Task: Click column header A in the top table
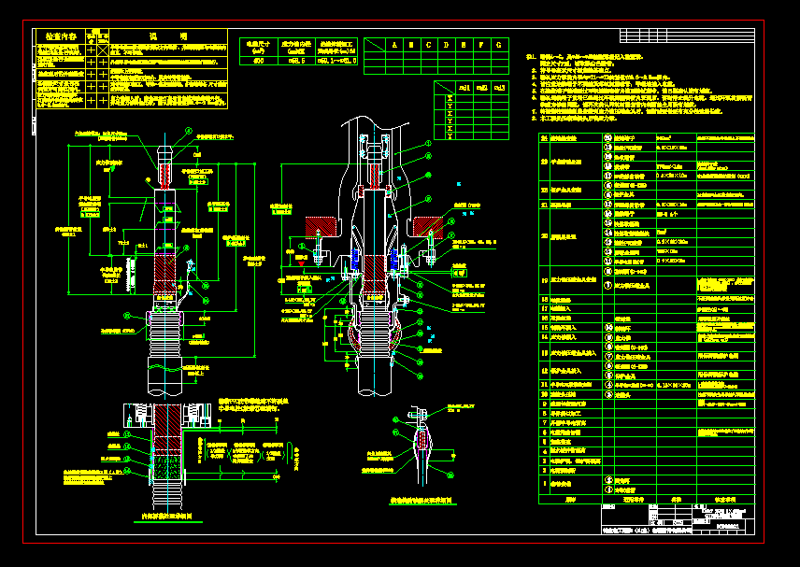(x=394, y=44)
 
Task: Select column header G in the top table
(x=498, y=44)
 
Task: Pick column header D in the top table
(x=447, y=44)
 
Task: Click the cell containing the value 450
(x=258, y=61)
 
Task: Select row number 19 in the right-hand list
(x=545, y=279)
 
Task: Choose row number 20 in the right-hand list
(x=545, y=236)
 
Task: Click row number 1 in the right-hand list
(x=545, y=484)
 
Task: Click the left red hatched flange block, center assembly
(x=326, y=224)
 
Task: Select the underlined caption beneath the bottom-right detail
(x=421, y=501)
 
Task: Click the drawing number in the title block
(x=726, y=528)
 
